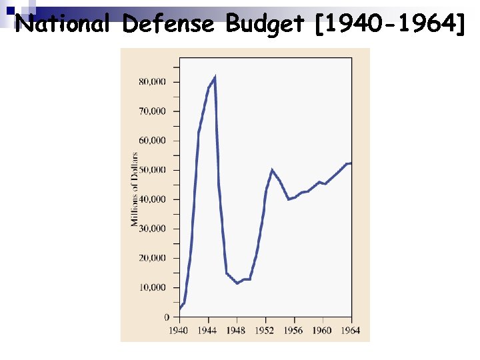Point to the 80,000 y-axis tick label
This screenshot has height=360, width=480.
(152, 82)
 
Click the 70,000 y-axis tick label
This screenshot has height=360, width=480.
(152, 111)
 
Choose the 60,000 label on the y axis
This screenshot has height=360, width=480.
(152, 141)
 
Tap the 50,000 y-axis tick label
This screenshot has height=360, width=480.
(152, 170)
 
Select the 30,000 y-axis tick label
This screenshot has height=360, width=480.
(152, 229)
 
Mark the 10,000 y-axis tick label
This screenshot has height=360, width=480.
(152, 287)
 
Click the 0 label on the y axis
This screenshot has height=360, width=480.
(167, 317)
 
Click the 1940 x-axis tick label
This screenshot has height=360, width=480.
(179, 330)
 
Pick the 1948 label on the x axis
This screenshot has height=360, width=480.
(237, 330)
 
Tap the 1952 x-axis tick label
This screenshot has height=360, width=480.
(265, 330)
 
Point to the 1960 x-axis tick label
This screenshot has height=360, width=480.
(323, 330)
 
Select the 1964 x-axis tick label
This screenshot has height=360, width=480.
(351, 330)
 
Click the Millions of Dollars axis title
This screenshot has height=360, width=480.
(135, 189)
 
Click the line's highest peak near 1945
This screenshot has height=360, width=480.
(214, 77)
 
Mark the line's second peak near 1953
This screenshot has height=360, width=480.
(272, 169)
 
